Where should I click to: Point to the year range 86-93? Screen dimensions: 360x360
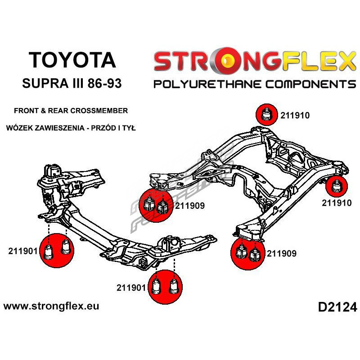coord(107,84)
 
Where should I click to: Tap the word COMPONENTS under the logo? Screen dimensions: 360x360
coord(306,84)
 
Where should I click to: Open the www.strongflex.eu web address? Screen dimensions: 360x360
coord(51,306)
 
